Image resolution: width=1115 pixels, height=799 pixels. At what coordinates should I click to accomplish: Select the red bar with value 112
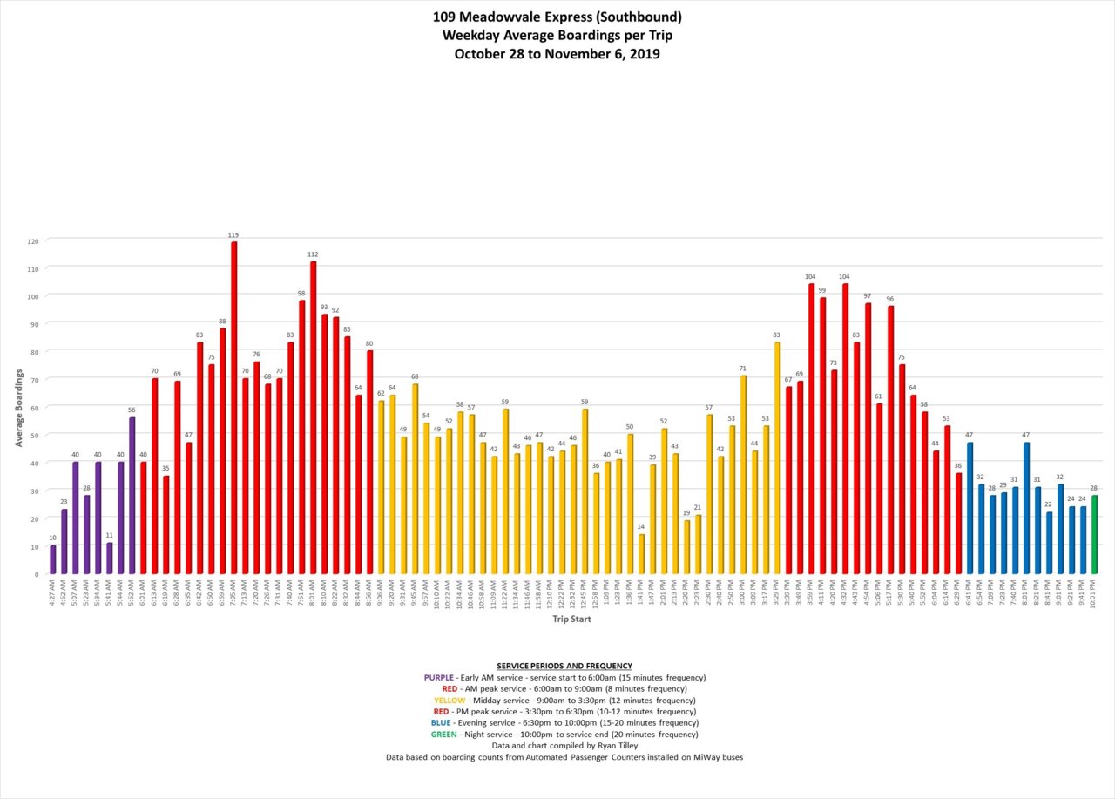(x=313, y=417)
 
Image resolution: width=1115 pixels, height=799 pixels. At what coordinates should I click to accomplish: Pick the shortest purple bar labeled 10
(x=53, y=559)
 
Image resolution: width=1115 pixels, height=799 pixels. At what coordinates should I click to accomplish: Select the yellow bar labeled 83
(x=777, y=457)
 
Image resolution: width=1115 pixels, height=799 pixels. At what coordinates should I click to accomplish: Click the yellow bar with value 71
(x=743, y=474)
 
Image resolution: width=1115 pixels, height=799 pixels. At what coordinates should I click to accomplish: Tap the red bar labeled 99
(x=822, y=436)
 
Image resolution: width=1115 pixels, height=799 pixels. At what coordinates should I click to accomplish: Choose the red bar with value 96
(x=890, y=439)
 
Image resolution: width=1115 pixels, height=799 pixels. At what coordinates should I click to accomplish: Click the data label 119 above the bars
(x=233, y=235)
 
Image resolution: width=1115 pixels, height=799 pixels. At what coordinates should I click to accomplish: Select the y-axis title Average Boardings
(x=18, y=407)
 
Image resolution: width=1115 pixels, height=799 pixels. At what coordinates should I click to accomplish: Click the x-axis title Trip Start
(x=572, y=620)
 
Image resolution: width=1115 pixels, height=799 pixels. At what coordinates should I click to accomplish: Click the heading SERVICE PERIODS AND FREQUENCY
(x=564, y=666)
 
